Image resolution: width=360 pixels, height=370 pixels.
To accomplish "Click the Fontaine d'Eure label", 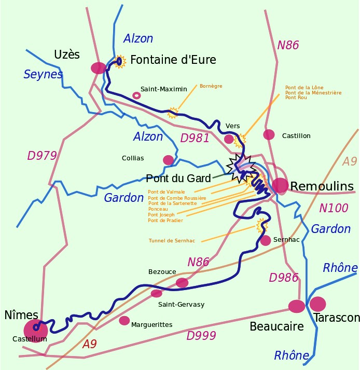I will (173, 60).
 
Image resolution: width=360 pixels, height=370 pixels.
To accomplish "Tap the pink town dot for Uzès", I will (98, 68).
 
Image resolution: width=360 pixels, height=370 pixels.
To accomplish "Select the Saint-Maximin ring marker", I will (136, 95).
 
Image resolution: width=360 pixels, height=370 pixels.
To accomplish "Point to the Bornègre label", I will (211, 86).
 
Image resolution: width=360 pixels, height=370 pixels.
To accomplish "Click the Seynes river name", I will (43, 75).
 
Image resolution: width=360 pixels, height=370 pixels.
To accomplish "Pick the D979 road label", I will (41, 156).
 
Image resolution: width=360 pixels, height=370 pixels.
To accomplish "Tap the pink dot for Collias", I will (168, 160).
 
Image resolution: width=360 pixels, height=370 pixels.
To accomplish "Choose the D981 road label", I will (195, 138).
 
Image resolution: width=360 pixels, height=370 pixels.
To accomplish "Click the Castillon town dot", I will (269, 134).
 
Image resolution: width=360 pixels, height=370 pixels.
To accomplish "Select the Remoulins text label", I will (322, 186).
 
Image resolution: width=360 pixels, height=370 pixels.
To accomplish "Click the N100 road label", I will (334, 208).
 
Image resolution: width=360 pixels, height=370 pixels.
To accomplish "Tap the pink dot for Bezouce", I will (182, 282).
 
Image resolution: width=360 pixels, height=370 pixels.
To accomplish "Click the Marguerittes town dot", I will (124, 321).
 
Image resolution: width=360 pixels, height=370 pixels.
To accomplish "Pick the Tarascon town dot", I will (317, 304).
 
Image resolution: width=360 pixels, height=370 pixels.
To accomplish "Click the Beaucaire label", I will (276, 326).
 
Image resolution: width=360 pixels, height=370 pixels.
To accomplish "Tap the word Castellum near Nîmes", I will (30, 339).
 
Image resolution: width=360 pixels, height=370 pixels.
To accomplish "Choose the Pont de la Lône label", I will (304, 88).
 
